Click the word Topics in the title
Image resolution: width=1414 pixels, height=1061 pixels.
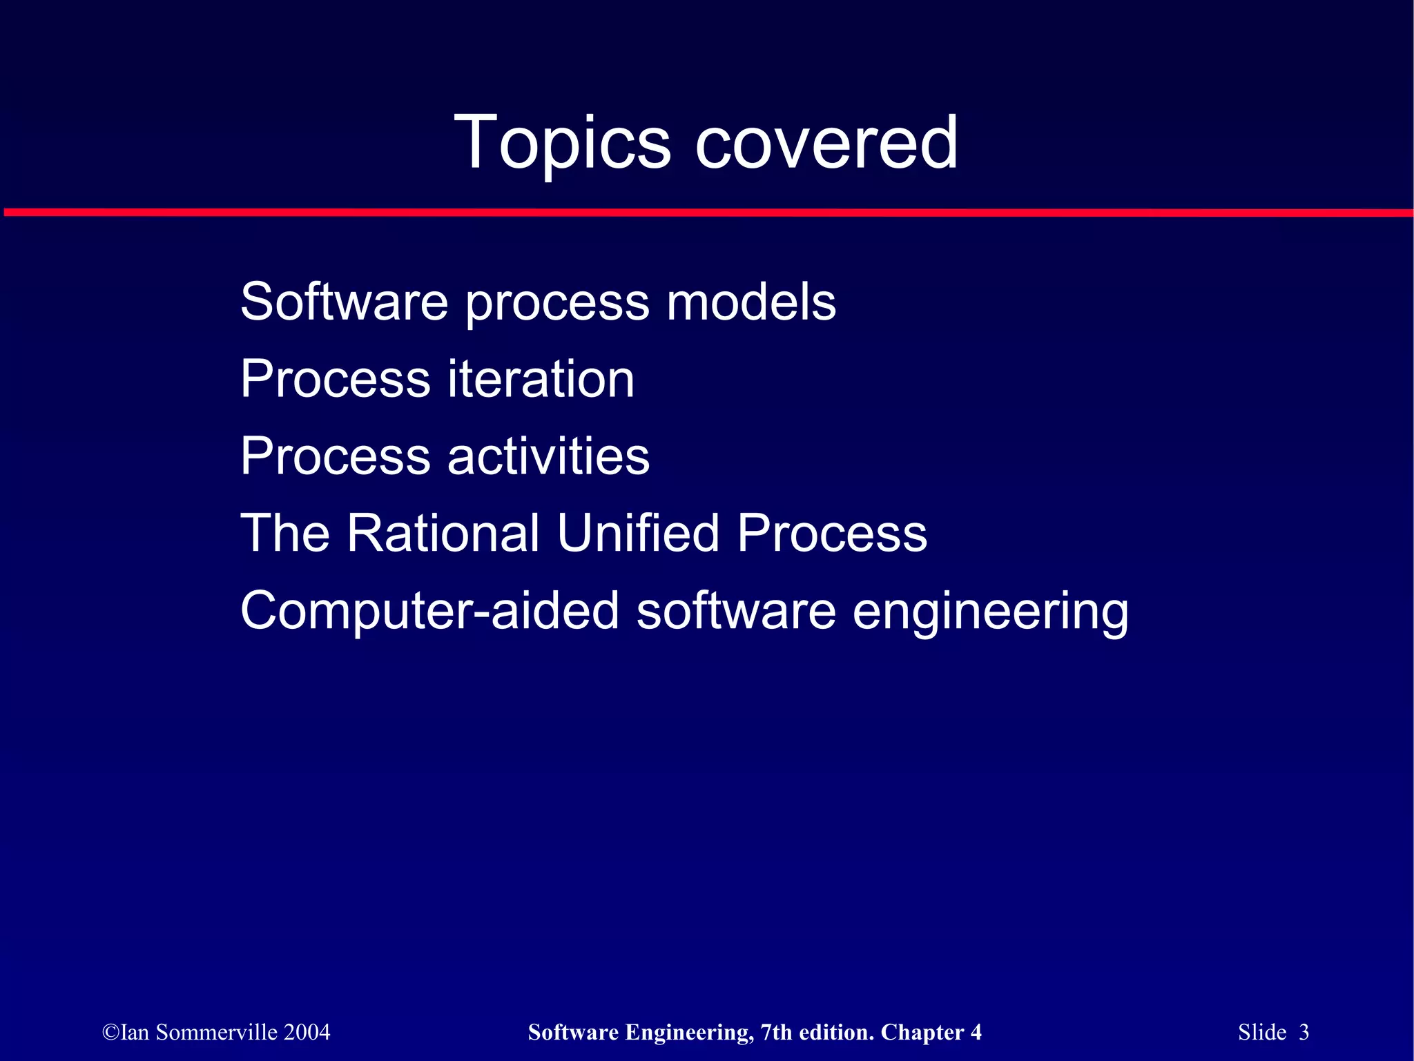click(x=562, y=143)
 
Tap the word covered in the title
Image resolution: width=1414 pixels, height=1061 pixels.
click(x=826, y=143)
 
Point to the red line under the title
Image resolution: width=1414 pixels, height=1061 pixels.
click(x=707, y=213)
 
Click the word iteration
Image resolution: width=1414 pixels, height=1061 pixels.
click(x=541, y=379)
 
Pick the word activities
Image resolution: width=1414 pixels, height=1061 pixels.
click(x=549, y=456)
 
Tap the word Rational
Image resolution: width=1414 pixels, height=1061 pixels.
click(x=443, y=533)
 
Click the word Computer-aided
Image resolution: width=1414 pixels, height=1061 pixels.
click(x=429, y=610)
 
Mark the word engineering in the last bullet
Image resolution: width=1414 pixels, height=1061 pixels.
click(x=991, y=612)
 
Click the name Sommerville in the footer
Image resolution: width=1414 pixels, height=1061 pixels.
click(x=217, y=1032)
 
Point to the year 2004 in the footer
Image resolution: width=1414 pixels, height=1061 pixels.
click(x=307, y=1032)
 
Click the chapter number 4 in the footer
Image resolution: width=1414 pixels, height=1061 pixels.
click(x=976, y=1032)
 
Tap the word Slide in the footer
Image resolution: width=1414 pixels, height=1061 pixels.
click(x=1262, y=1032)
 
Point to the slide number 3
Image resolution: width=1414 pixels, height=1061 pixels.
click(x=1304, y=1032)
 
